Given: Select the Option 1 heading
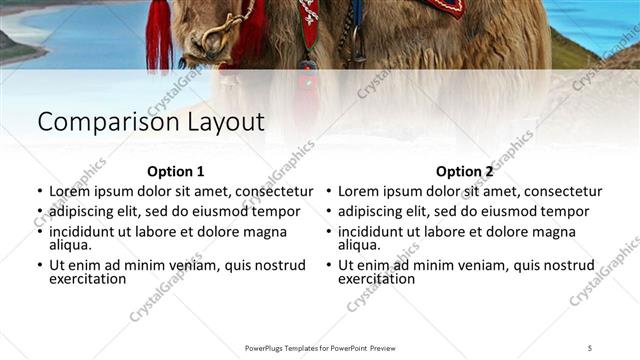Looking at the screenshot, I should click(x=175, y=171).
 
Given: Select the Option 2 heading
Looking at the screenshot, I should click(x=464, y=171).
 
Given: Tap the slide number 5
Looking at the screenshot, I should click(x=590, y=347).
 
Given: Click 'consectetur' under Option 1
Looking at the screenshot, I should click(x=271, y=190).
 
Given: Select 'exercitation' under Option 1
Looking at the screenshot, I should click(x=88, y=279).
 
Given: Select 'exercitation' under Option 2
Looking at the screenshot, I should click(x=377, y=279).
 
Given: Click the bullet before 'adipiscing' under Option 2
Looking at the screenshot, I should click(x=329, y=212).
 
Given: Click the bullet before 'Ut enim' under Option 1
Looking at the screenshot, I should click(x=40, y=266).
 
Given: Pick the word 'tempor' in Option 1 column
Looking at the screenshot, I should click(x=278, y=211).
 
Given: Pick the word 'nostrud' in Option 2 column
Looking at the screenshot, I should click(x=571, y=265).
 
